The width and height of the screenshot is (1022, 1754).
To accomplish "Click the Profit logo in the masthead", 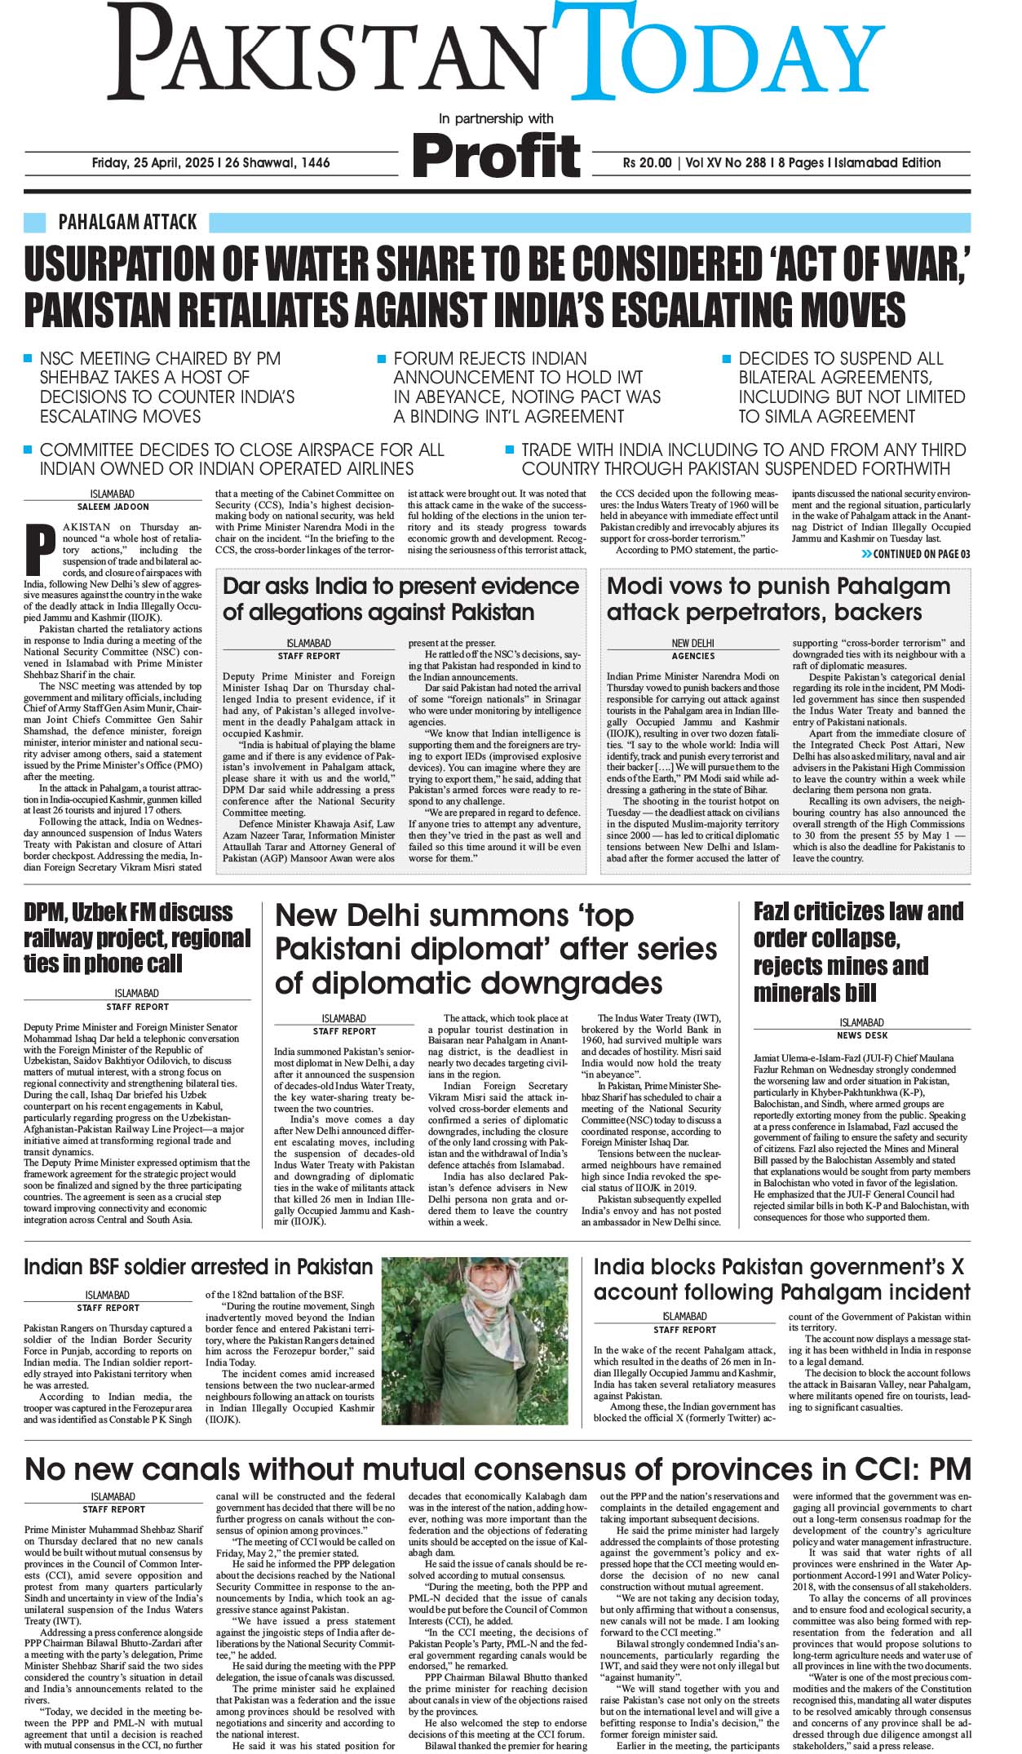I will coord(497,153).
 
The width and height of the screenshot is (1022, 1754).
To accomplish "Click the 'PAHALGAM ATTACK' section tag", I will coord(127,222).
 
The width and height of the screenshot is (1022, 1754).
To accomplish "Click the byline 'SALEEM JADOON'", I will coord(112,507).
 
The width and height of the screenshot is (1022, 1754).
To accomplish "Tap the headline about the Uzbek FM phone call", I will coord(137,937).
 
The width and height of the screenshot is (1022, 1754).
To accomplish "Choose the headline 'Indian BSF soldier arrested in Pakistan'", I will coord(198,1267).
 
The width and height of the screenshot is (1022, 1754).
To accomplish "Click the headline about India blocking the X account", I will coord(781,1279).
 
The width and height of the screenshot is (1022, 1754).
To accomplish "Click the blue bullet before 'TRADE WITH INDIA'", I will coord(509,450).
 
